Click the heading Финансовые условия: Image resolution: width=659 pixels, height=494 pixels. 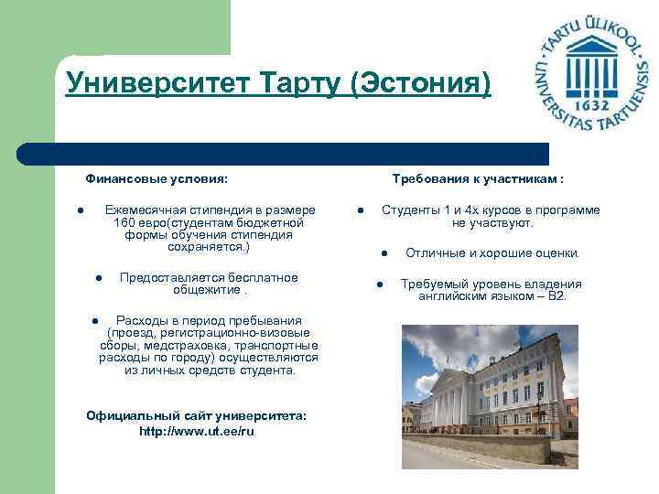tap(157, 179)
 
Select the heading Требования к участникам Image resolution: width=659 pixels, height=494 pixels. tap(475, 179)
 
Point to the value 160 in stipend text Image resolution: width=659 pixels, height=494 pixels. tap(124, 222)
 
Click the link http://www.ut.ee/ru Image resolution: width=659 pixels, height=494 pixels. tap(197, 431)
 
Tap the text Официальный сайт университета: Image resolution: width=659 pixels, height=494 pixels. tap(197, 415)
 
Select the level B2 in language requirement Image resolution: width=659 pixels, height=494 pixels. tap(556, 296)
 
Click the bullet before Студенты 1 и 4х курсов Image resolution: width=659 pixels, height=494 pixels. tap(362, 210)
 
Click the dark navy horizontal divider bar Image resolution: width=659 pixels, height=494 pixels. tap(284, 153)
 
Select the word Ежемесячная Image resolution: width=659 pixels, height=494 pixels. tap(147, 210)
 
